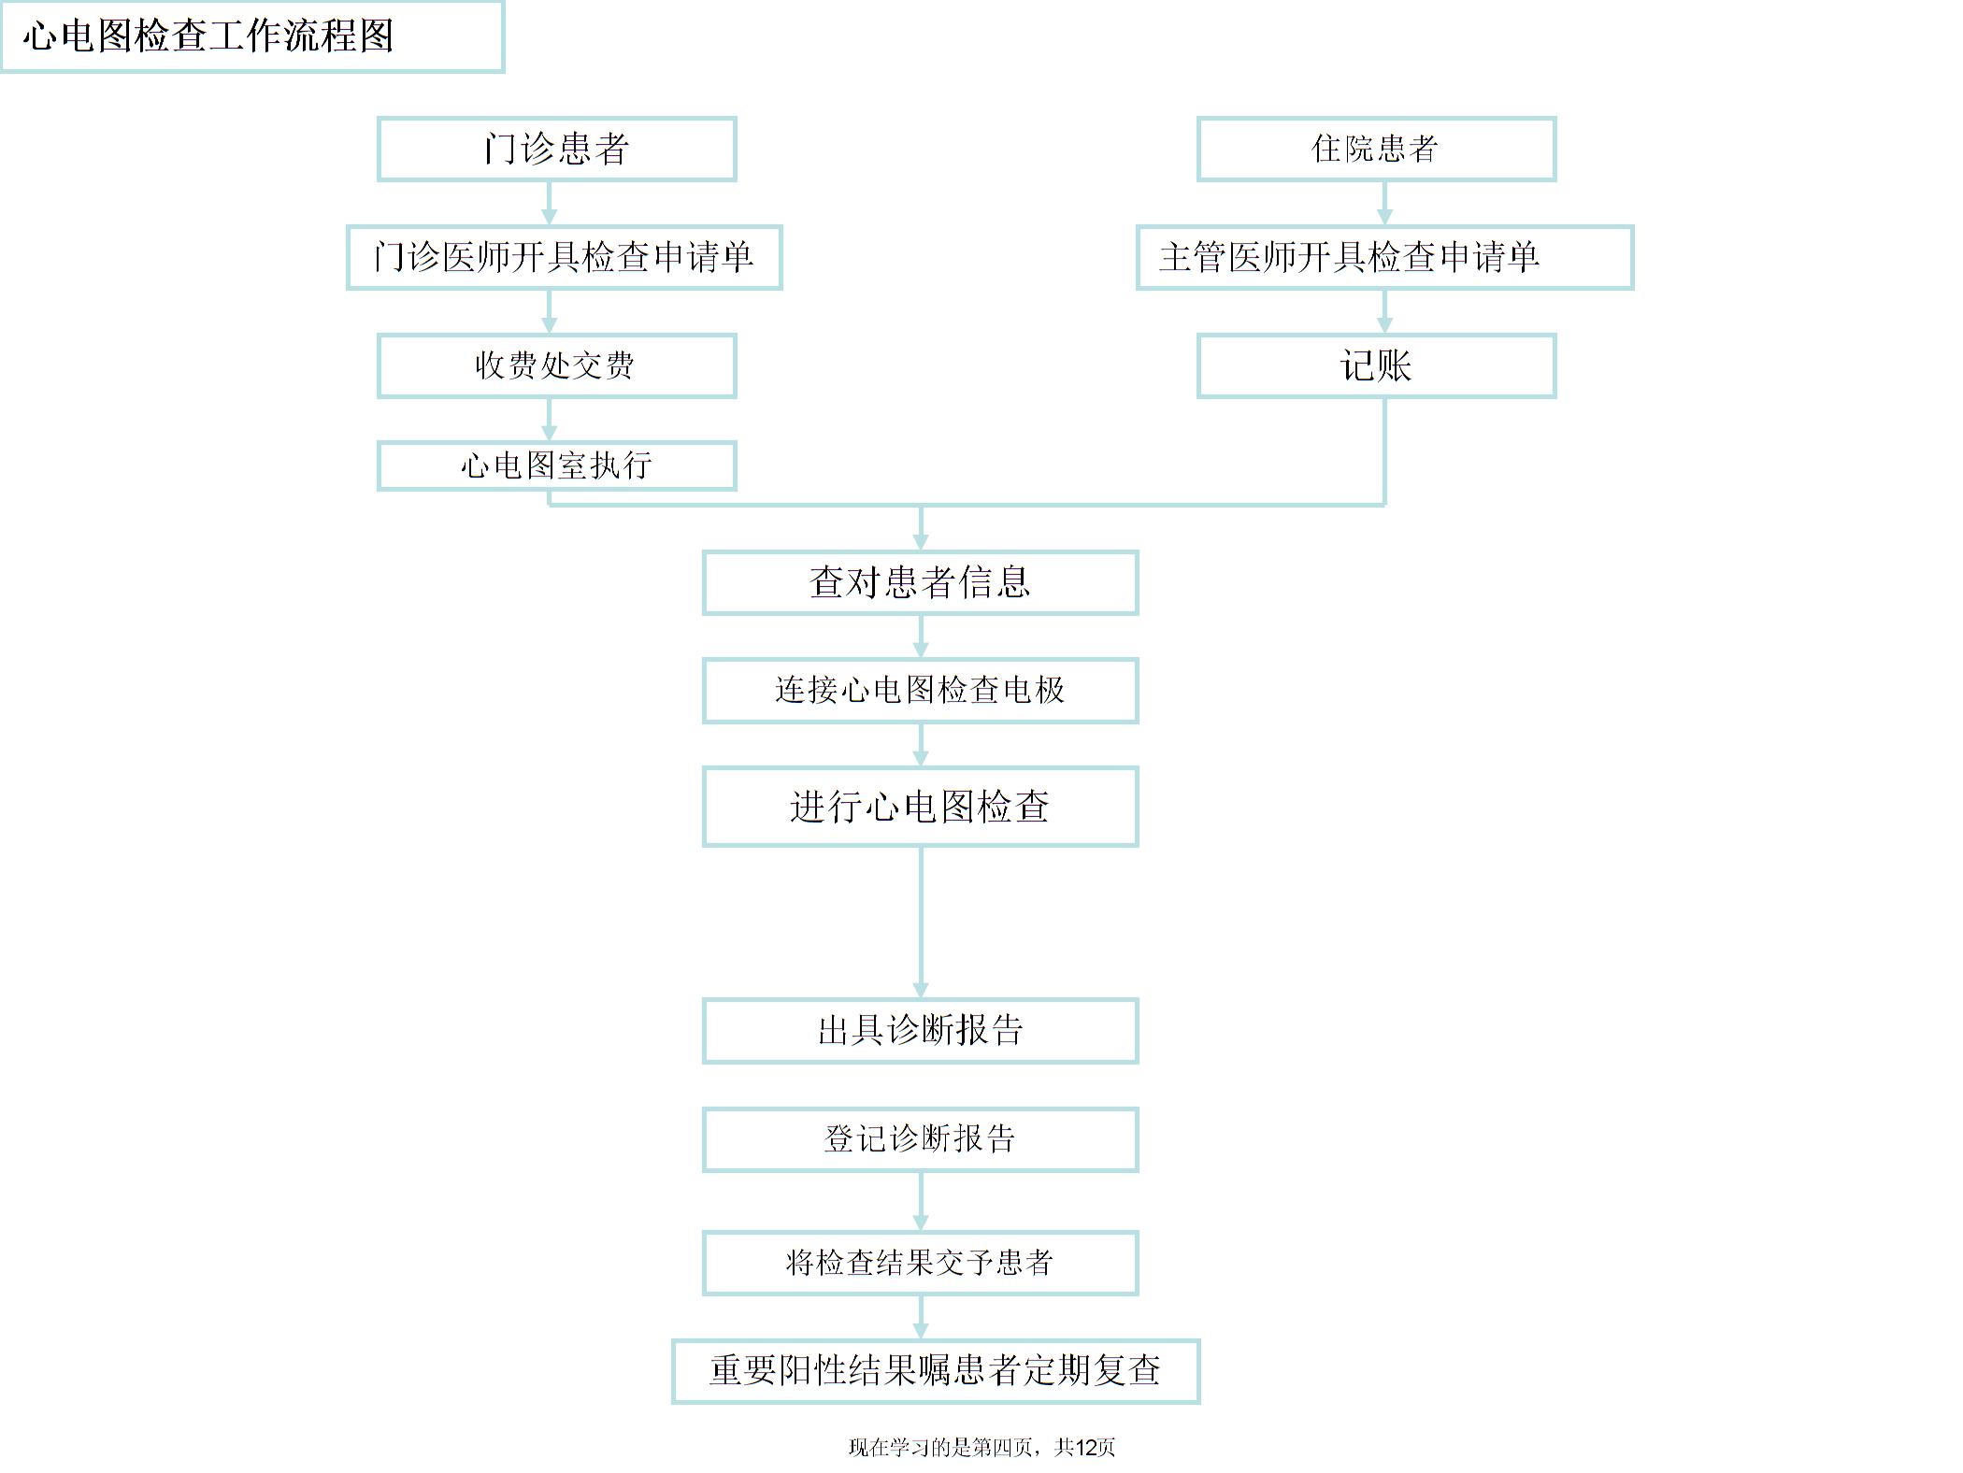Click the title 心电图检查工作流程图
point(208,36)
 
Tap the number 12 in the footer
point(1086,1448)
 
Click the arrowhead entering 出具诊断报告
point(921,991)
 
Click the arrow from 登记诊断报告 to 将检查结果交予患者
point(921,1202)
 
